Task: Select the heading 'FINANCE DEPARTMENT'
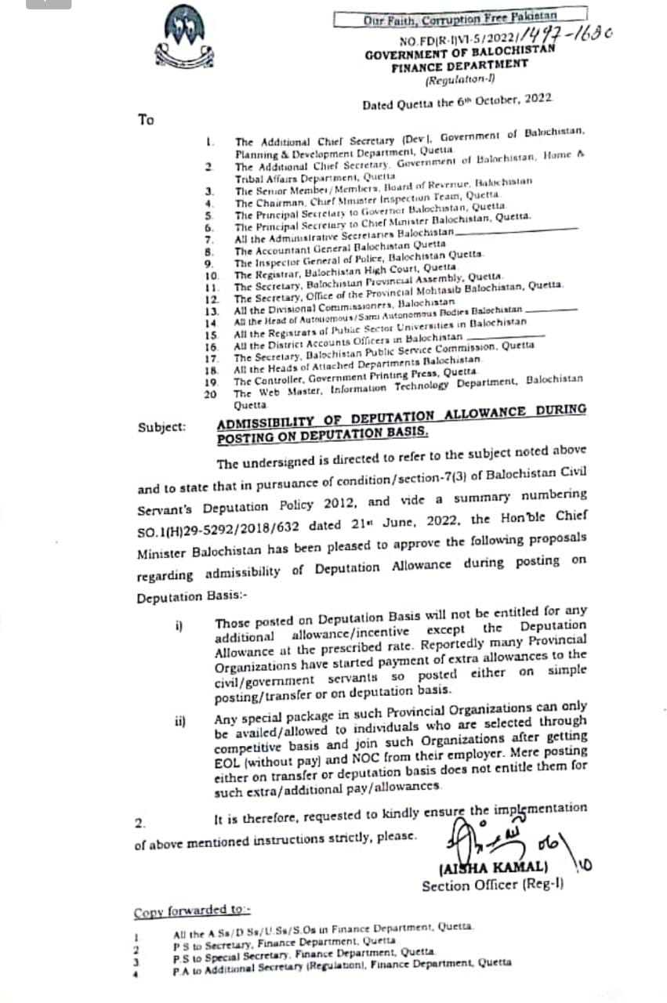pos(459,66)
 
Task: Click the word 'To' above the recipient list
pos(146,120)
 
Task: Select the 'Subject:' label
pos(162,427)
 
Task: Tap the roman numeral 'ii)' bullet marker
pos(181,721)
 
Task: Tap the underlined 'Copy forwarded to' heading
pos(190,911)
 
